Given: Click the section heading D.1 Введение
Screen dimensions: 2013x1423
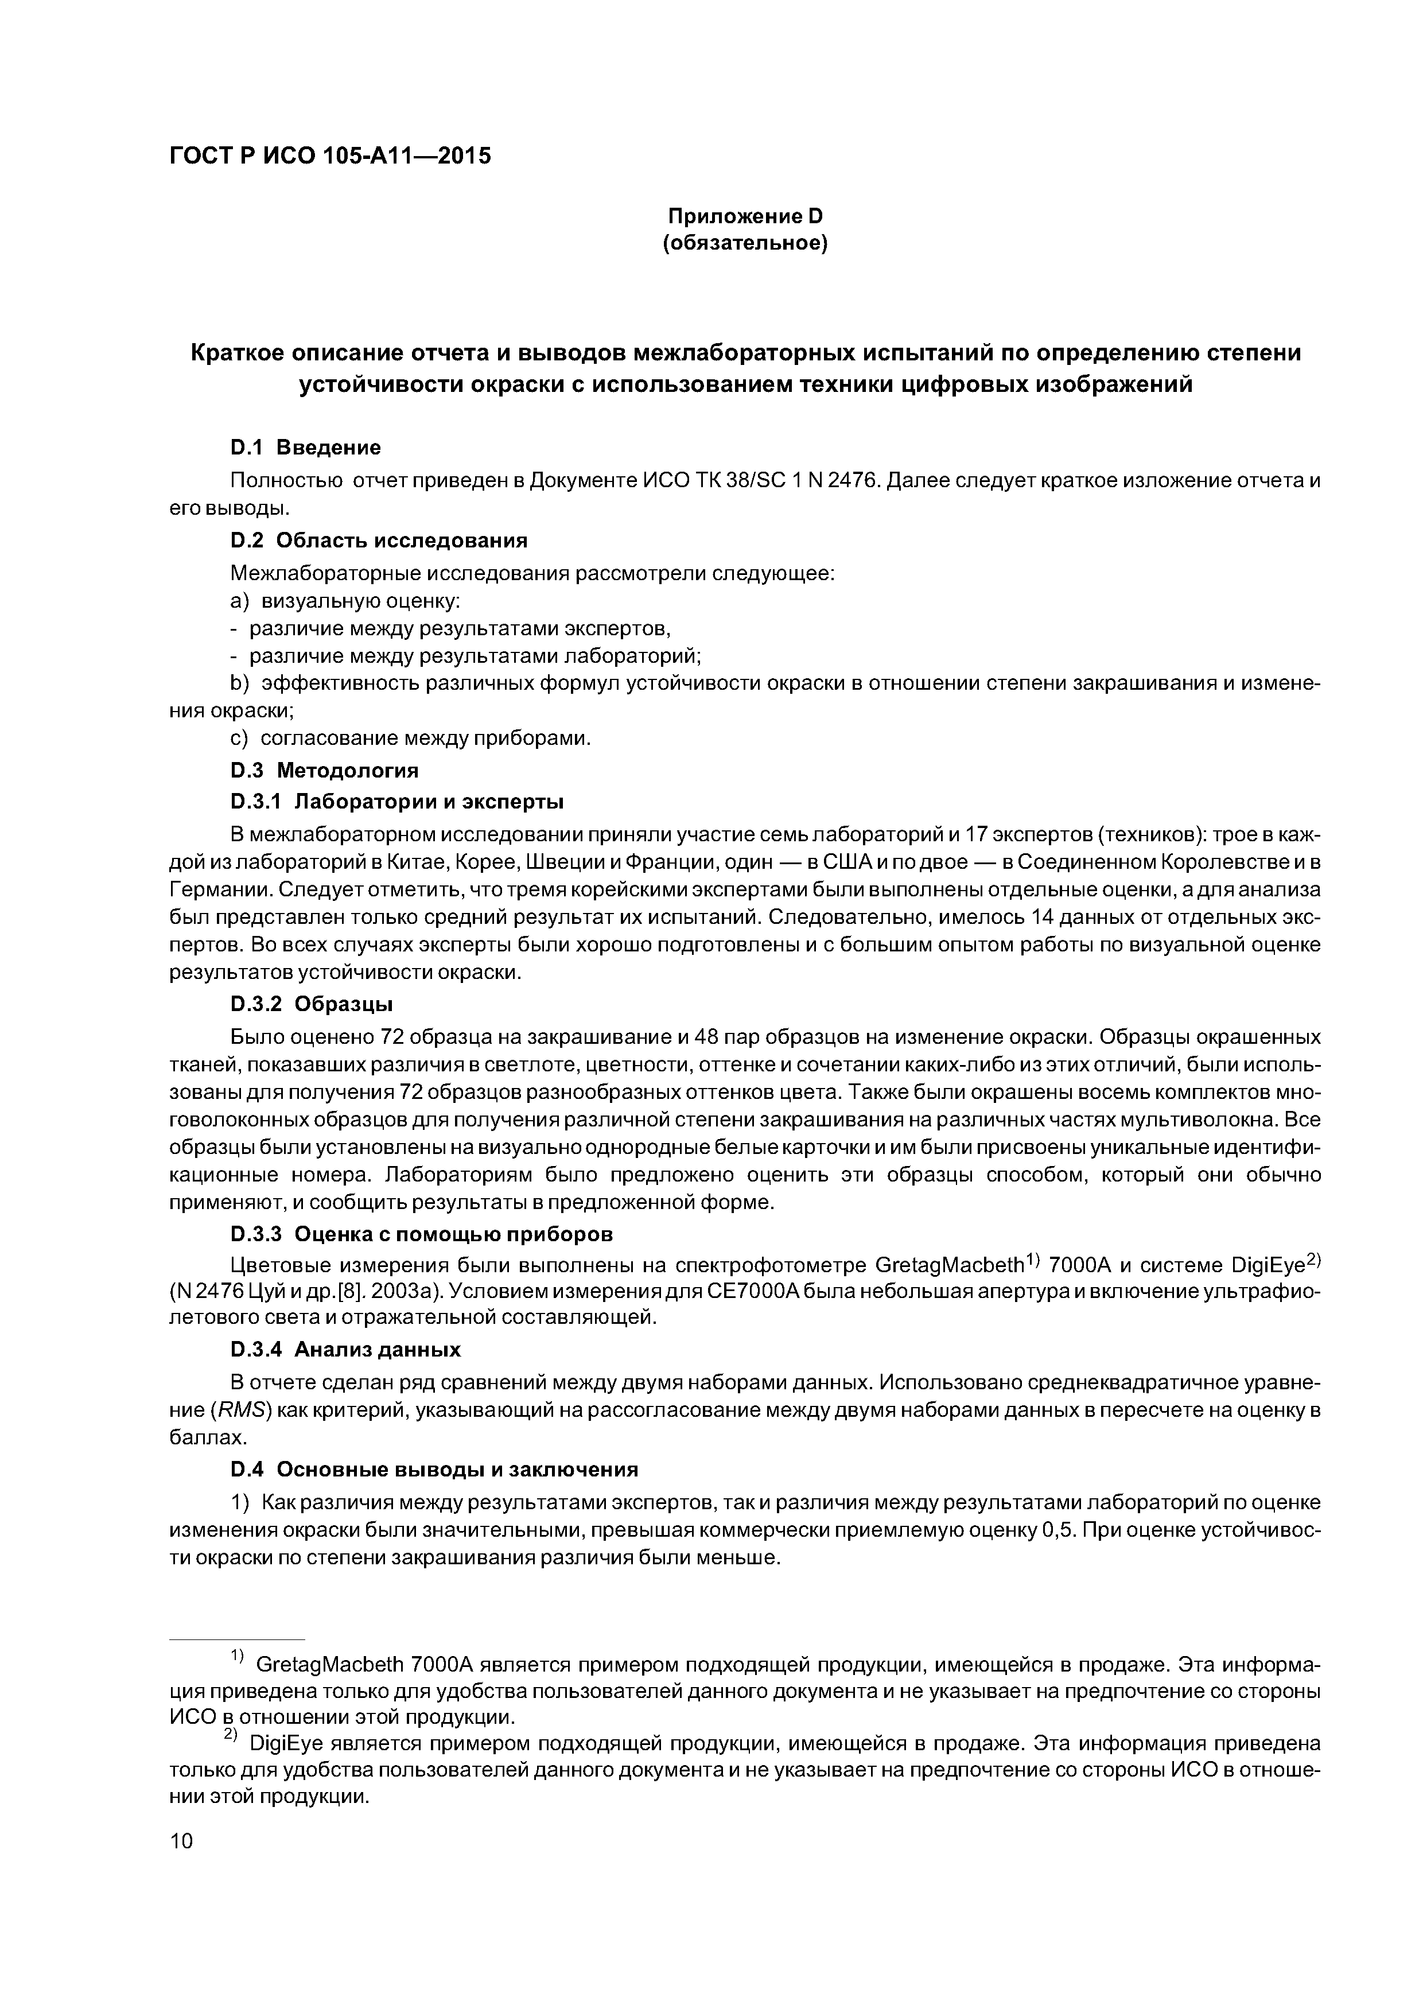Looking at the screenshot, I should pos(305,448).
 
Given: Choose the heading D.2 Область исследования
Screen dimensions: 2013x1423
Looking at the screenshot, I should pos(379,540).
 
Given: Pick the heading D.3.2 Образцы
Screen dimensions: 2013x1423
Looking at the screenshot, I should pos(311,1004).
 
